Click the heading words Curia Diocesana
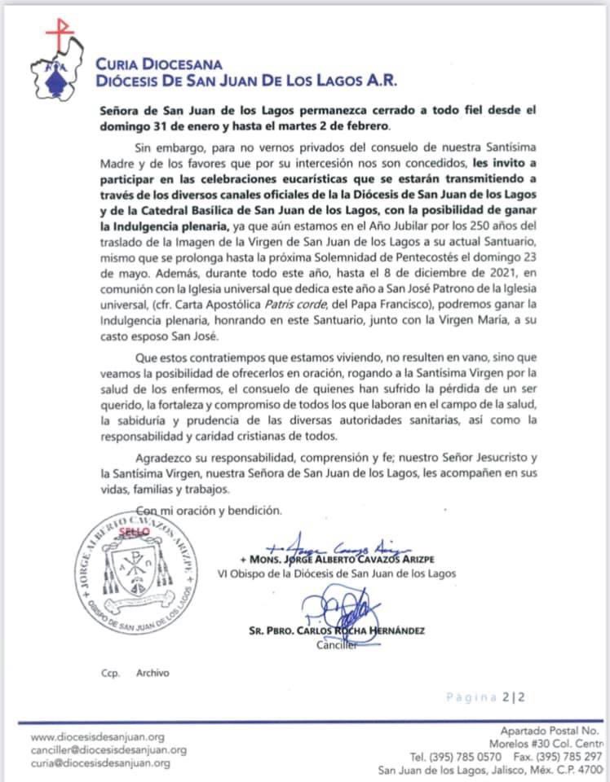coord(158,64)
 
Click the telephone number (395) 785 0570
coord(456,758)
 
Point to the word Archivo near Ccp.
coord(152,673)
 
